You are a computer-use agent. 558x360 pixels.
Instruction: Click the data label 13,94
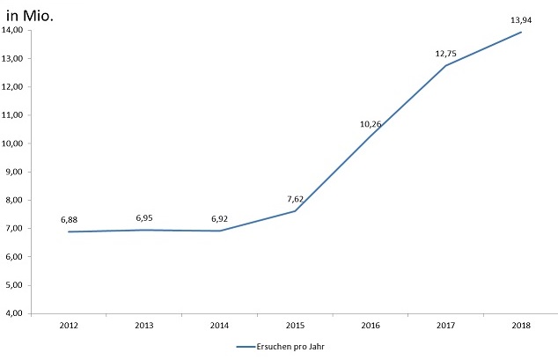coord(521,18)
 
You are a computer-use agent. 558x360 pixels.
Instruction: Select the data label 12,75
coord(445,54)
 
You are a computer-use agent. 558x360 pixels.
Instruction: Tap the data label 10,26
coord(371,124)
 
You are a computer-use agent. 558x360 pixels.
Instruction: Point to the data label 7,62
coord(295,199)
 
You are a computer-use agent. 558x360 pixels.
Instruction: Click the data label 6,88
coord(70,219)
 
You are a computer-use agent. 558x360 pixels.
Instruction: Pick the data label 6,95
coord(144,217)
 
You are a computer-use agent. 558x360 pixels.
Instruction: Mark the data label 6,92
coord(219,218)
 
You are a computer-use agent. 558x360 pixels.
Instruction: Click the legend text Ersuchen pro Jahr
coord(290,347)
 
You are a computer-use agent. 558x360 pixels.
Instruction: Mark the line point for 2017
coord(445,66)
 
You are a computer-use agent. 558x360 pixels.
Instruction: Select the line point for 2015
coord(295,211)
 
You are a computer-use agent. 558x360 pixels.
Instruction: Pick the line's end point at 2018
coord(521,33)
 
